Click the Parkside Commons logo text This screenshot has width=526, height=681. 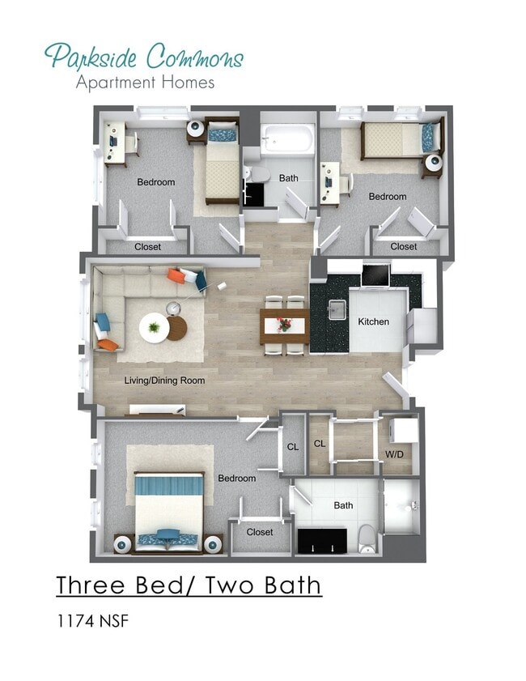[143, 57]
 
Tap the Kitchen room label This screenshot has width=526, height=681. [373, 321]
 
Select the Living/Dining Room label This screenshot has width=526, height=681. [164, 380]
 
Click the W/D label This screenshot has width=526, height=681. [394, 454]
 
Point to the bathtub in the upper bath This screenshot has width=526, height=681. [287, 139]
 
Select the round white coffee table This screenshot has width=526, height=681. [154, 328]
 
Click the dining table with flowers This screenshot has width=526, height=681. [284, 326]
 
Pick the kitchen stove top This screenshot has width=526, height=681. [375, 276]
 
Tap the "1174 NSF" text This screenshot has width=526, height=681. [92, 622]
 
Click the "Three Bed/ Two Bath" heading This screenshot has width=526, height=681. [189, 584]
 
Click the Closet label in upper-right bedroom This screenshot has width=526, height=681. [404, 246]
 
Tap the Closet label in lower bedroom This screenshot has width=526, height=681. [260, 532]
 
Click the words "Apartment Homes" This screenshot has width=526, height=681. [145, 82]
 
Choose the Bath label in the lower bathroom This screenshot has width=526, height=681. [343, 505]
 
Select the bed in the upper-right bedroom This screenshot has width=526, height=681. [401, 139]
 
